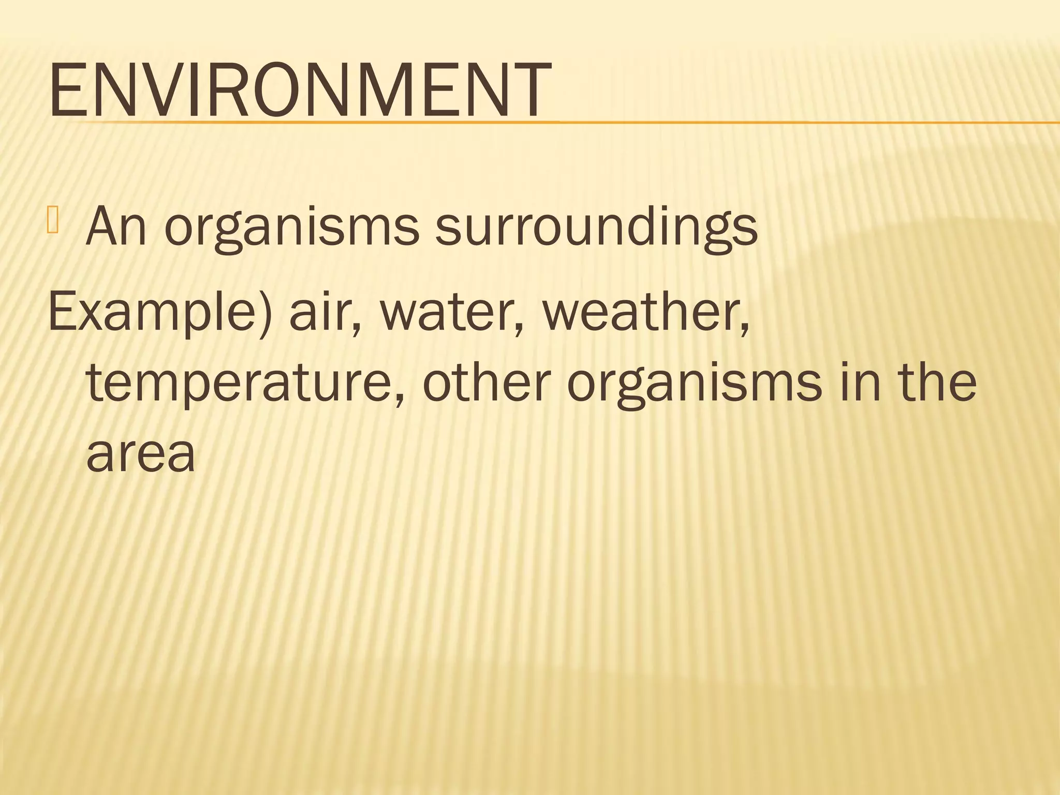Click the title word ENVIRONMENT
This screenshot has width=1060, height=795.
[x=300, y=90]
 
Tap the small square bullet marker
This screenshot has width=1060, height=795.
[x=53, y=219]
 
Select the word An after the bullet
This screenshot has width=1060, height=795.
[x=116, y=226]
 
